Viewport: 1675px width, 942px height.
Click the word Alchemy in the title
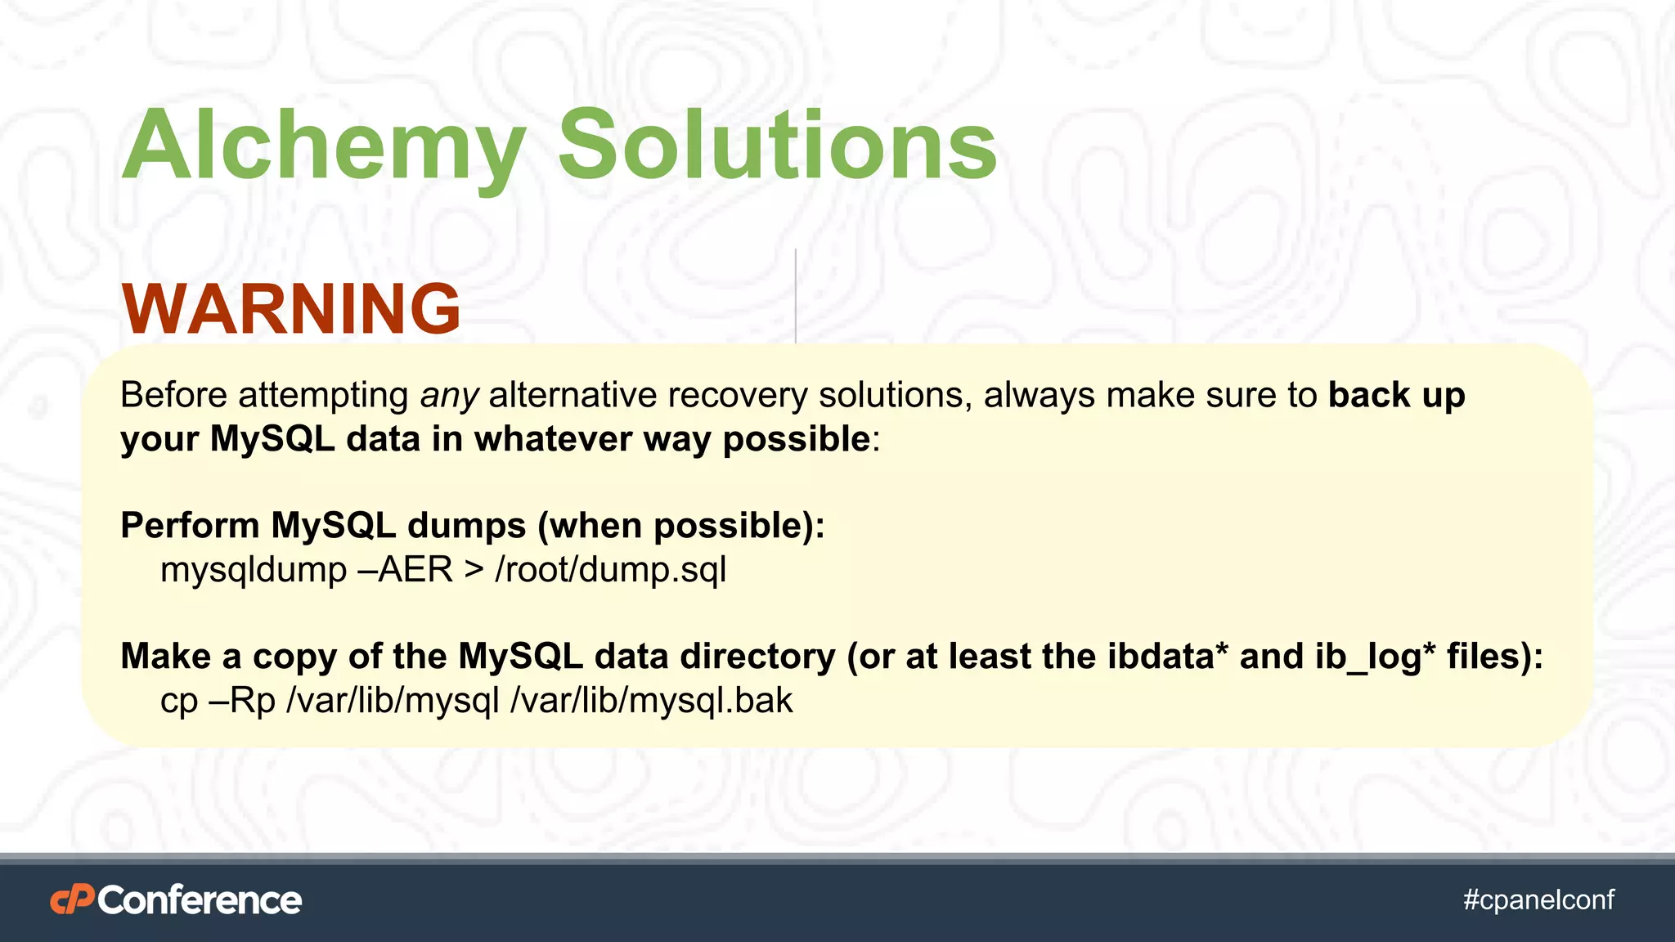coord(323,147)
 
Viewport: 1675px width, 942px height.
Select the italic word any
coord(449,397)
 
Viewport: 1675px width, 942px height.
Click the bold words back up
coord(1396,395)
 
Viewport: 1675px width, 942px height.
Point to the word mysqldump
coord(254,570)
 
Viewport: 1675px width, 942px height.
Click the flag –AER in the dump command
coord(406,570)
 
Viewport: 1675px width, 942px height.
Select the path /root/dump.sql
coord(610,570)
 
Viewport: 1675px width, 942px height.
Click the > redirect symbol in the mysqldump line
coord(474,570)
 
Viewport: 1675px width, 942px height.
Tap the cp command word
coord(179,702)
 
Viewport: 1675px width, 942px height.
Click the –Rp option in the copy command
coord(243,702)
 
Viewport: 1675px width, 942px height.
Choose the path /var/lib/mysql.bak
coord(651,701)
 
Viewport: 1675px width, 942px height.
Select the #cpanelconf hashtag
coord(1538,899)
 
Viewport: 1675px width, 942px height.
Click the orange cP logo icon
coord(72,900)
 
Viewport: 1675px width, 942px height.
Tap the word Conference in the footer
coord(200,900)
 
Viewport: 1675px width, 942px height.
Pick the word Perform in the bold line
coord(190,526)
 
